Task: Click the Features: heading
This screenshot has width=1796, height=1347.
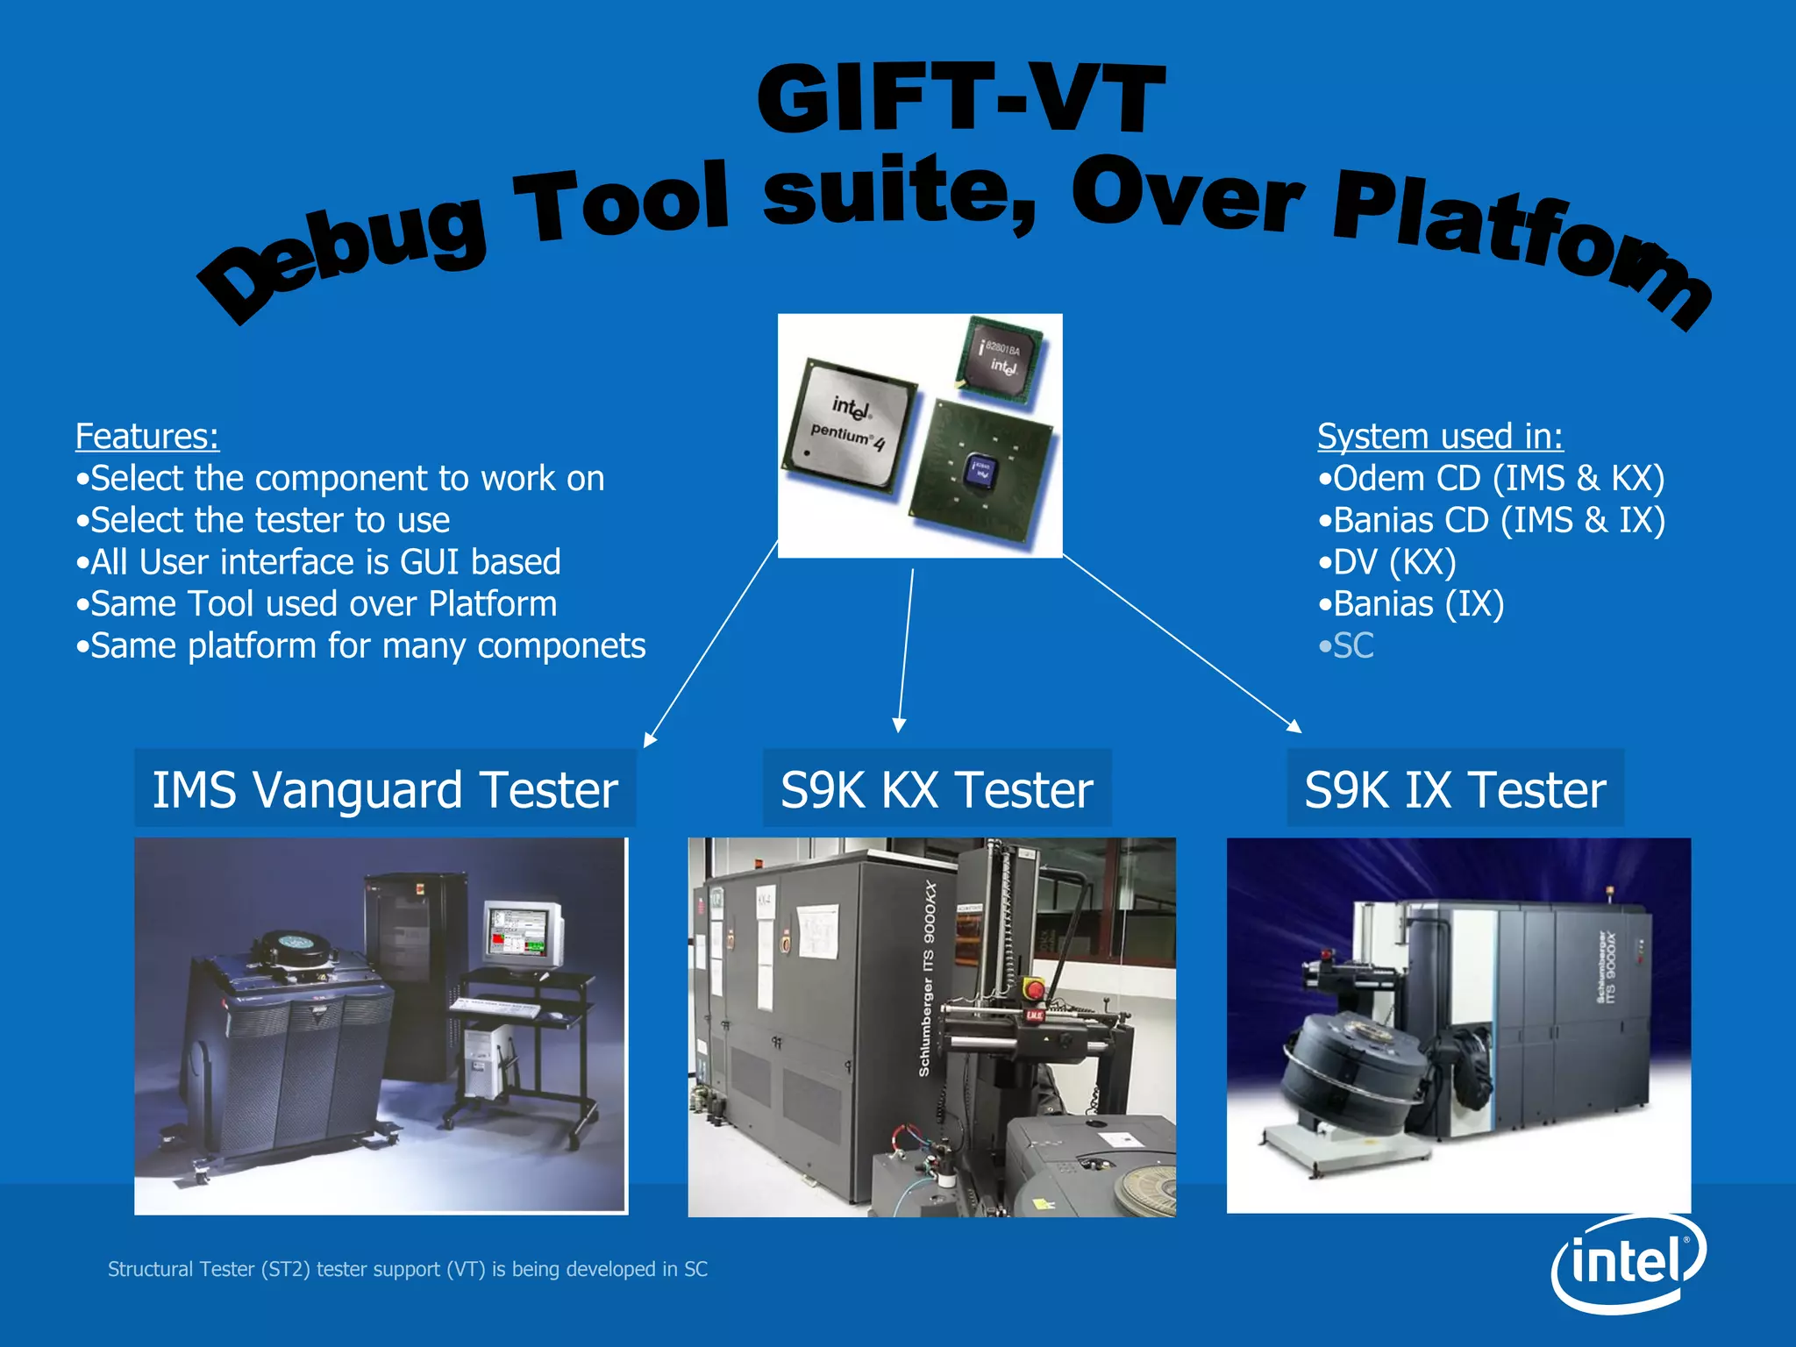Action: [x=146, y=436]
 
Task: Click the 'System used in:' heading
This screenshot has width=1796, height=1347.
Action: [x=1440, y=436]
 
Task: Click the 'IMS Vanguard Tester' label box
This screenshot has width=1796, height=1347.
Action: [x=385, y=789]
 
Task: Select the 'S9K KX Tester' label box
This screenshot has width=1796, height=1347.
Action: [x=937, y=789]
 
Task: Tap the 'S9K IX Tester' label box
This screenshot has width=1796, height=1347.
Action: [x=1455, y=789]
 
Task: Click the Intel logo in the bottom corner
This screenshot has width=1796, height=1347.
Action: [x=1628, y=1264]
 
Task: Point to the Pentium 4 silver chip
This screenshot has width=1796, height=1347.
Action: [x=849, y=425]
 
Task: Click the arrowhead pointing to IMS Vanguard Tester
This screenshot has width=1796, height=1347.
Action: [x=649, y=740]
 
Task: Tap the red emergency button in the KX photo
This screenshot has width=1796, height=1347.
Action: [x=1035, y=990]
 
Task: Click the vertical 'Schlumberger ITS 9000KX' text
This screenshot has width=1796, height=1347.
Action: [x=927, y=978]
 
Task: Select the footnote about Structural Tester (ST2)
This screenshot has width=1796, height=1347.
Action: [x=407, y=1269]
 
